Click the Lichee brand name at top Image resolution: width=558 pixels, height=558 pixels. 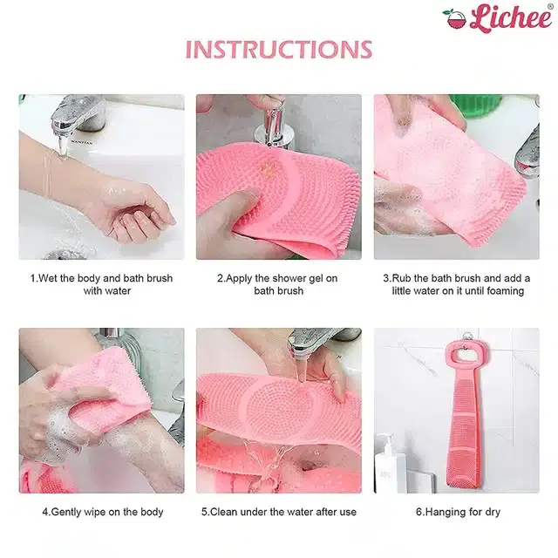(x=511, y=17)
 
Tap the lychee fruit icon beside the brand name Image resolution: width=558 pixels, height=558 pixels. (x=454, y=19)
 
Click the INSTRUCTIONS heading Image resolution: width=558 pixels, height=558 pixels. (x=279, y=50)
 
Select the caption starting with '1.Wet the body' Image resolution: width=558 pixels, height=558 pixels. (x=101, y=284)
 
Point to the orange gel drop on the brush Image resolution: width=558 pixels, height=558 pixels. (x=267, y=167)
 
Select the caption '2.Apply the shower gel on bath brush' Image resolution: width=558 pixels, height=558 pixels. (x=277, y=284)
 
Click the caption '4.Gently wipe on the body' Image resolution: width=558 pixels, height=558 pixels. (x=103, y=512)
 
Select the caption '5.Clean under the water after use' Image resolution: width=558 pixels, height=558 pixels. (x=279, y=512)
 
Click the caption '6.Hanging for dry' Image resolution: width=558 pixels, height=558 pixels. (x=458, y=512)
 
